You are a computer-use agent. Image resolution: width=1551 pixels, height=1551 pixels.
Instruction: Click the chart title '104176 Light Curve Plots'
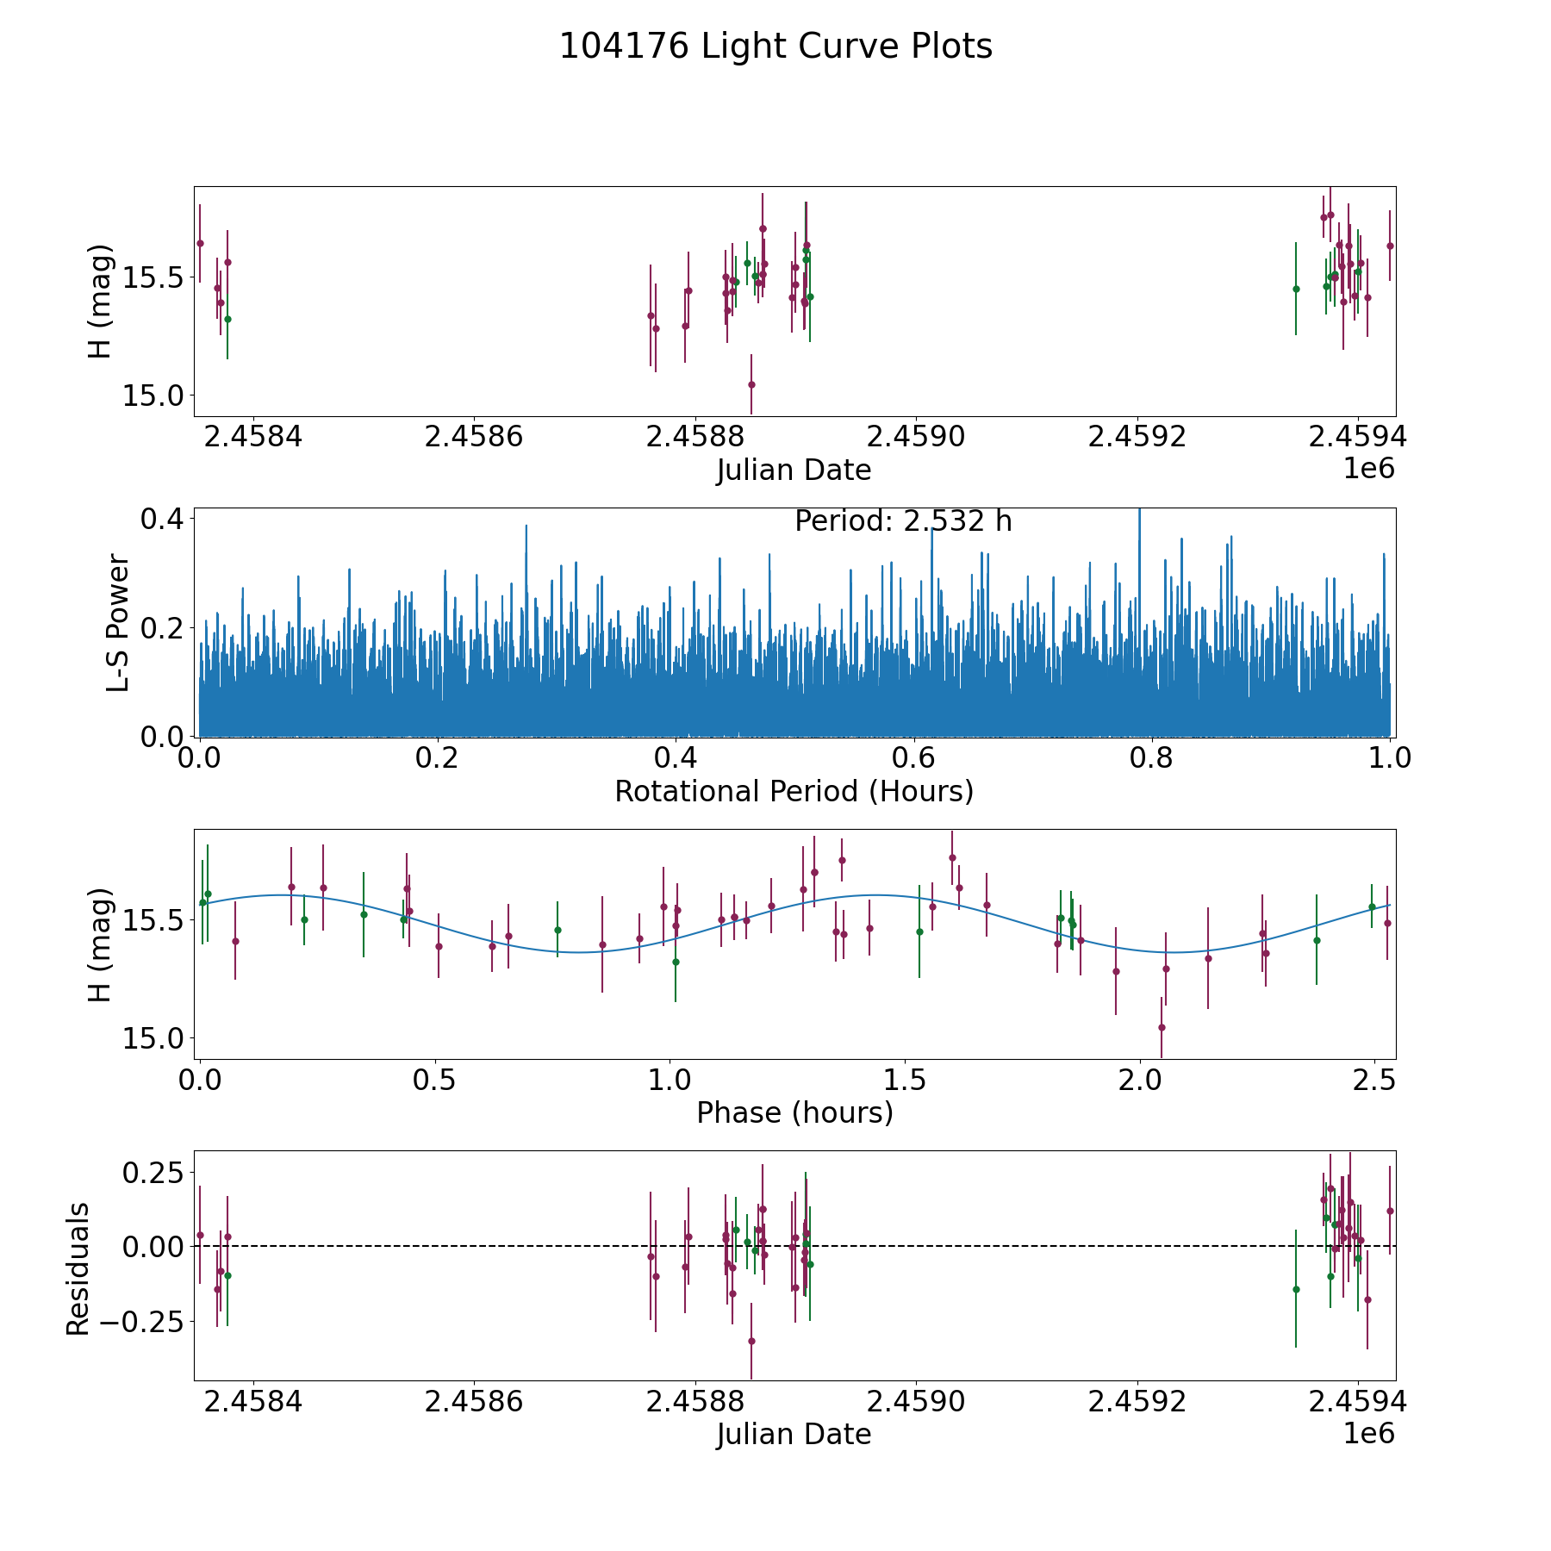775,47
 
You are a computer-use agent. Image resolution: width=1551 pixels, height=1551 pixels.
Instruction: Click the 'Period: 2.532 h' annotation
903,521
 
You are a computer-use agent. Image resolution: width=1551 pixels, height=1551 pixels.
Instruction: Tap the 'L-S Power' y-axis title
119,622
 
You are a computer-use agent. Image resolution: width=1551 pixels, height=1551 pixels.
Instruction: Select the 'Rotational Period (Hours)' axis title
794,791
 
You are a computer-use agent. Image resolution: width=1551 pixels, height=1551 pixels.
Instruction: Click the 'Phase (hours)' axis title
794,1112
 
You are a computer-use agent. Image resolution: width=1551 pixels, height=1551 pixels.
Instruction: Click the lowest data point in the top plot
751,384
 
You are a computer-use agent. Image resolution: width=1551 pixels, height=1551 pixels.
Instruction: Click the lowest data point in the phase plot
1162,1027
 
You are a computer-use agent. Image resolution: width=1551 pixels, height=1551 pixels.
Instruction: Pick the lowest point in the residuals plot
751,1341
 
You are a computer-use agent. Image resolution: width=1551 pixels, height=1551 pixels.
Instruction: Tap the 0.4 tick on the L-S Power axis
164,519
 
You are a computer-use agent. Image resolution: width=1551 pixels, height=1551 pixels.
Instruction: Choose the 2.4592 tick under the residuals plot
1137,1402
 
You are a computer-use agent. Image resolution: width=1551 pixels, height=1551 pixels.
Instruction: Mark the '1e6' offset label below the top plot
1368,469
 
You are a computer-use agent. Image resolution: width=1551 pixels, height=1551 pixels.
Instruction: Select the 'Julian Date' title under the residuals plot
794,1435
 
